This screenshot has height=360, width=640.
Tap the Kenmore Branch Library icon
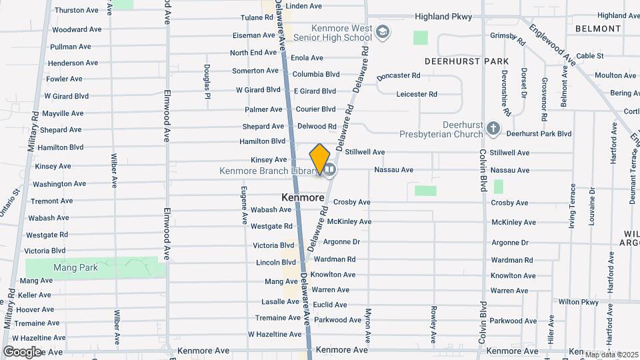click(329, 171)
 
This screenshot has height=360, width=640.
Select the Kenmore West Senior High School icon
click(383, 31)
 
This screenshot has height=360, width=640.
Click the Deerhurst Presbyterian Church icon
click(493, 128)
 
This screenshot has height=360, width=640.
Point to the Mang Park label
click(76, 268)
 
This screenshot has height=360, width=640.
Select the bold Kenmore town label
click(303, 197)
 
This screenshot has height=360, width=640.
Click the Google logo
click(22, 351)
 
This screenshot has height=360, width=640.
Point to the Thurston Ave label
click(76, 10)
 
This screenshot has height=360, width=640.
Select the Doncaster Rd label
click(398, 76)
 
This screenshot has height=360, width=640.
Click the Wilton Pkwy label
click(578, 302)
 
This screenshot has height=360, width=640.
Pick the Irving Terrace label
click(572, 207)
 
